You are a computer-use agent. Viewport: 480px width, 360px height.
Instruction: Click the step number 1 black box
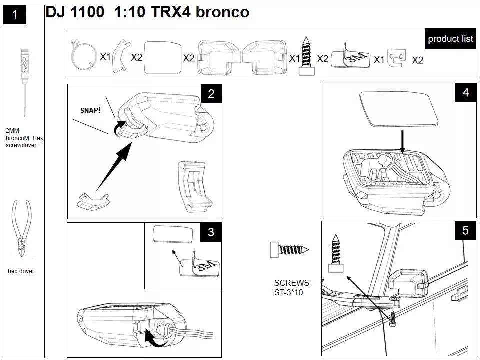(15, 15)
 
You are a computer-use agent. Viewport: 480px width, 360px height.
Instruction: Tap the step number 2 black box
(211, 93)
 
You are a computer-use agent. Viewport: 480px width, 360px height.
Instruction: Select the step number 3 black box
(211, 232)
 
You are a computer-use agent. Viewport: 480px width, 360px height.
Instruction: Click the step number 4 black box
(466, 92)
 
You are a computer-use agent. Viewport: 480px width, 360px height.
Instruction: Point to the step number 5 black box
(465, 230)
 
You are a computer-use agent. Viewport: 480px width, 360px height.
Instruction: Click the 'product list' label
(450, 39)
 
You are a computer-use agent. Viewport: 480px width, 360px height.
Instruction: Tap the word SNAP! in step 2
(90, 109)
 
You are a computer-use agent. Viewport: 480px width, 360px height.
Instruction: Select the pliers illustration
(21, 228)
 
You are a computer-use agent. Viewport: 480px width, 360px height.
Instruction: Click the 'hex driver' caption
(21, 271)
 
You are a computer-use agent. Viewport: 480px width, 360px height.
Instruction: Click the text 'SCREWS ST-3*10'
(291, 287)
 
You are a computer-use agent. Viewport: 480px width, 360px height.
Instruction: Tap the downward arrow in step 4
(403, 142)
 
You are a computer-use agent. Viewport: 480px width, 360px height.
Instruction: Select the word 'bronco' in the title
(222, 12)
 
